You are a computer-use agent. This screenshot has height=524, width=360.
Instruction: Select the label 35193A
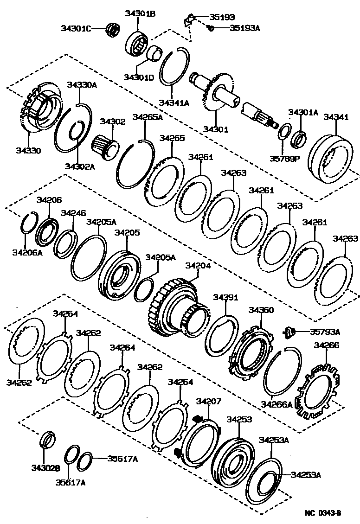[244, 28]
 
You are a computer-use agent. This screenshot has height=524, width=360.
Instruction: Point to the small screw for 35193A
[210, 29]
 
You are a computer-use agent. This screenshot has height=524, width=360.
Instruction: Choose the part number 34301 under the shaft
[216, 129]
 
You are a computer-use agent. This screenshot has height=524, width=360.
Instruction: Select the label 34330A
[81, 85]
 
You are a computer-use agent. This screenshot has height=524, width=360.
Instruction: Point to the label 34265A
[148, 117]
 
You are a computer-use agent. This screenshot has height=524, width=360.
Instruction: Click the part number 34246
[73, 213]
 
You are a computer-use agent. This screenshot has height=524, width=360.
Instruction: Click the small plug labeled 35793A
[290, 332]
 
